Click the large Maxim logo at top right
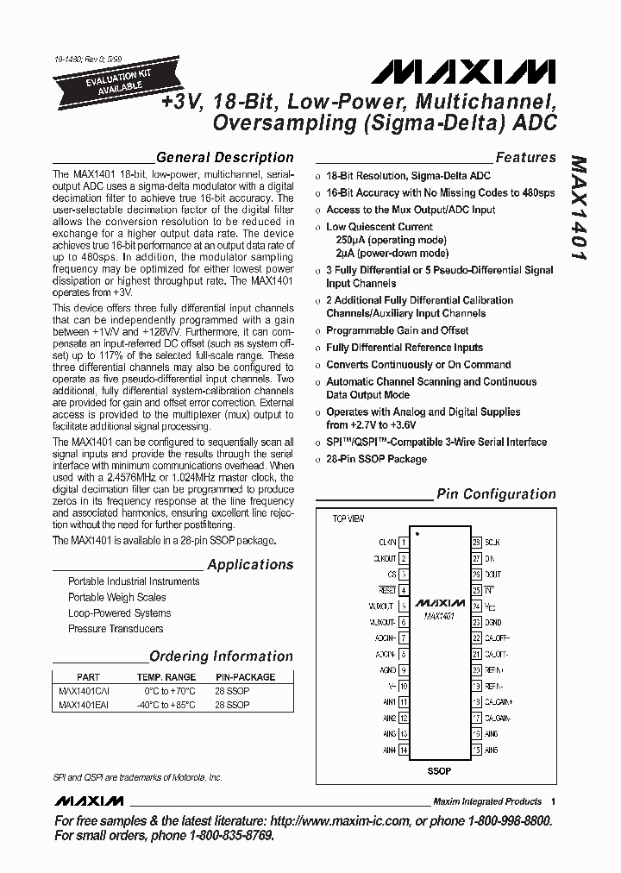coord(469,71)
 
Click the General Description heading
coord(224,157)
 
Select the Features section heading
coord(525,157)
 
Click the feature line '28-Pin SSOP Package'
coord(376,459)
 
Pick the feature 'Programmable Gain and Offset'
coord(397,330)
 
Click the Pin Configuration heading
coord(496,494)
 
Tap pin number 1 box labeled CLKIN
coord(404,543)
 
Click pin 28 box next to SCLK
coord(476,543)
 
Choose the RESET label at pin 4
coord(386,590)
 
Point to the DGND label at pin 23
coord(493,622)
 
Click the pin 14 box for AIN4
coord(404,750)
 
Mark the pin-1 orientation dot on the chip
coord(417,536)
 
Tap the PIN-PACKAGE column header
coord(245,677)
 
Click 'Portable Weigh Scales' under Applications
coord(117,597)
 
